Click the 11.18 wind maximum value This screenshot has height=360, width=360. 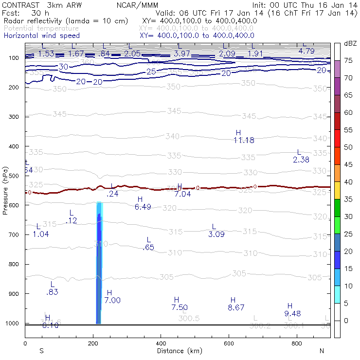point(244,141)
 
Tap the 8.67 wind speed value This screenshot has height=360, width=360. point(236,308)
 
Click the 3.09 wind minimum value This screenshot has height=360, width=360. point(216,235)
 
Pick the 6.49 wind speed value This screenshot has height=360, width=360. point(143,207)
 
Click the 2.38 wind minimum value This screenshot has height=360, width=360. point(301,160)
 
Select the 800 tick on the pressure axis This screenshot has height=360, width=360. point(14,264)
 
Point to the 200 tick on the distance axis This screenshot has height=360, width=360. point(93,343)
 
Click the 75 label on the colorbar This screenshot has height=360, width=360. point(348,60)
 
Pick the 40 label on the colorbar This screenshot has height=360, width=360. point(348,182)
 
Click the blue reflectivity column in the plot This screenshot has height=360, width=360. point(99,268)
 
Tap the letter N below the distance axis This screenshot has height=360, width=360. point(321,351)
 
